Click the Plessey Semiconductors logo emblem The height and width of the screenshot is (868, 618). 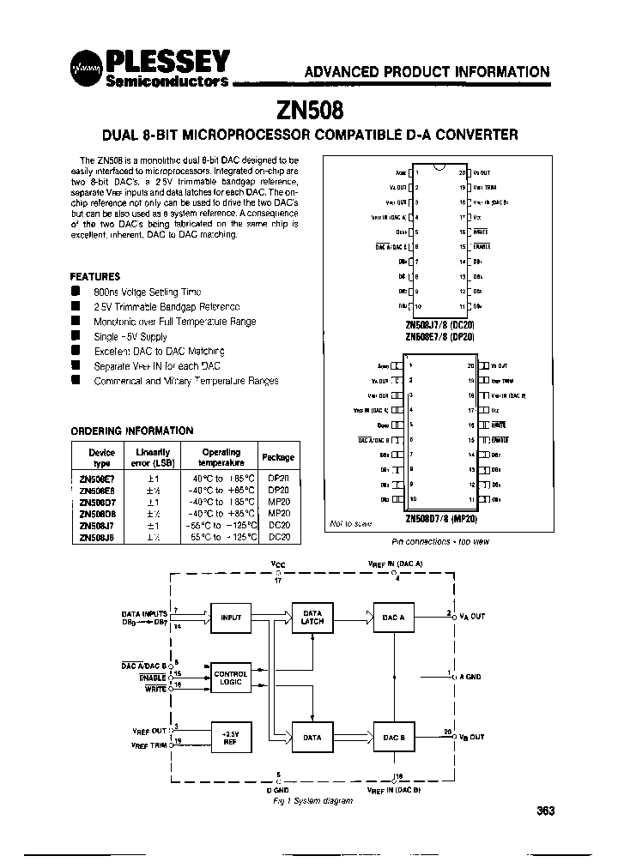pyautogui.click(x=83, y=66)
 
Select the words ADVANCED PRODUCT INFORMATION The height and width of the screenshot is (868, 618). pyautogui.click(x=427, y=73)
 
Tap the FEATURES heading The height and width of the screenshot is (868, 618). pyautogui.click(x=94, y=277)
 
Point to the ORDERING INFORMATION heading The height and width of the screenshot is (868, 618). pyautogui.click(x=131, y=431)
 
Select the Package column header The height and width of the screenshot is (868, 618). pyautogui.click(x=277, y=457)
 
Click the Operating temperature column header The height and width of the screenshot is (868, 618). pyautogui.click(x=222, y=456)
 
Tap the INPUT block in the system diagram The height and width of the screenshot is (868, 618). pyautogui.click(x=232, y=617)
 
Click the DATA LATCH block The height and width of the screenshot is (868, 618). pyautogui.click(x=312, y=617)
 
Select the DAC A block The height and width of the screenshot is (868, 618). pyautogui.click(x=394, y=617)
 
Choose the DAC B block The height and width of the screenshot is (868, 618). pyautogui.click(x=394, y=737)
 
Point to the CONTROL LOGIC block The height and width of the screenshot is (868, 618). pyautogui.click(x=231, y=678)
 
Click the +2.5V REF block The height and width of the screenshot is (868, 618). pyautogui.click(x=231, y=737)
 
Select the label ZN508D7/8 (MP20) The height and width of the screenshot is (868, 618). pyautogui.click(x=440, y=518)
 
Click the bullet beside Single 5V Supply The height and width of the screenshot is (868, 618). pyautogui.click(x=76, y=336)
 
